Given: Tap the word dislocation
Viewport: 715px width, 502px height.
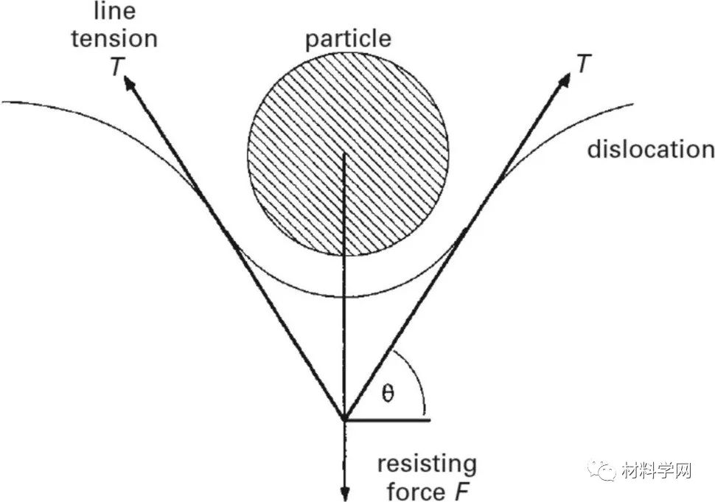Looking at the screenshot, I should point(650,150).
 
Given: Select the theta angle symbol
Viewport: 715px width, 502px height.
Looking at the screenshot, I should point(388,393).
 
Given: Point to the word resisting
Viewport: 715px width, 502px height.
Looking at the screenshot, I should point(427,465).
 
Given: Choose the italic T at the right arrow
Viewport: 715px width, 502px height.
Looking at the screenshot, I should point(584,64).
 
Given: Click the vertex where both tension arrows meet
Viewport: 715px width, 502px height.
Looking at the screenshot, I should point(344,419).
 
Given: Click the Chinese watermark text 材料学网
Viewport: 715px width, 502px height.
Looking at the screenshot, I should point(658,470).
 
